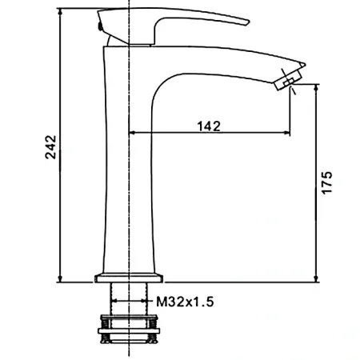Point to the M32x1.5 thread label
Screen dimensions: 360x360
(x=186, y=302)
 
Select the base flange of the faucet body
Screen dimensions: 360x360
(x=130, y=277)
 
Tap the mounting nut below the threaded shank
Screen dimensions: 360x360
(x=130, y=329)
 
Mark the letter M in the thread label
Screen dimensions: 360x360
(x=162, y=302)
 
